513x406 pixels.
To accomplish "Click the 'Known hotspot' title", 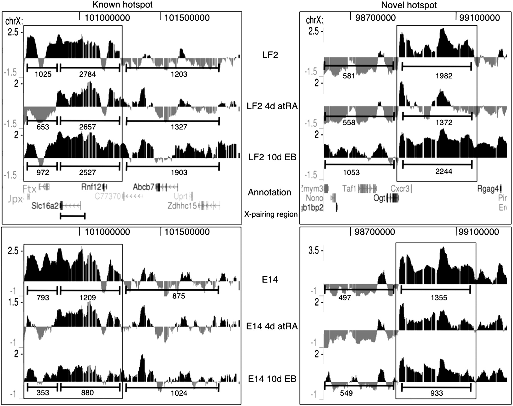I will coord(123,5).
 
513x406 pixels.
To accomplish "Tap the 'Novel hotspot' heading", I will coord(409,5).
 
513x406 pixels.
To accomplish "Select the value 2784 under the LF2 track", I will coord(87,74).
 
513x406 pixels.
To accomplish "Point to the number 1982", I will coord(444,76).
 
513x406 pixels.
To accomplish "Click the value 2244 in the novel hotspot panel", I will coord(443,171).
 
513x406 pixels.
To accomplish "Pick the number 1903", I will coord(179,172).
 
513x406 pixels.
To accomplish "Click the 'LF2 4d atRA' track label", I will coord(272,106).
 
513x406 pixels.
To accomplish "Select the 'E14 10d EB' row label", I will coord(272,379).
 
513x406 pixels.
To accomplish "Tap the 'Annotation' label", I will coord(269,192).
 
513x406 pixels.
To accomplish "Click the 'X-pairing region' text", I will coord(271,214).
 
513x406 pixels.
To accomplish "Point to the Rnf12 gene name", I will coord(91,187).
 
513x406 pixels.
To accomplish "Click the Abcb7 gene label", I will coord(144,187).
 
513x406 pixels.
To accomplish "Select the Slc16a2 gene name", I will coord(45,206).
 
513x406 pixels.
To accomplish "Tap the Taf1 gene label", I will coord(349,188).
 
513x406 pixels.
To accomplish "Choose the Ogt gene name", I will coord(379,198).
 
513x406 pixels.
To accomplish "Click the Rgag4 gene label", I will coord(488,189).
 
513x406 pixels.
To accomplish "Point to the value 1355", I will coord(439,298).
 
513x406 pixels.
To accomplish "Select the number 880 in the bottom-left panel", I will coord(87,393).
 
